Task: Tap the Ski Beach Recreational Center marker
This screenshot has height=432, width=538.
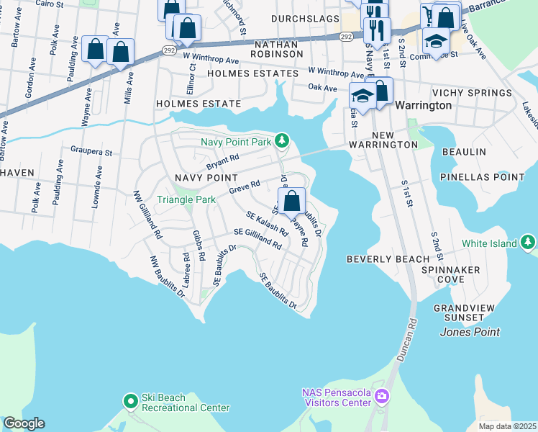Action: point(130,400)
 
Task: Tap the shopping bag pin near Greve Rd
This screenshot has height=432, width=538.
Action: point(291,202)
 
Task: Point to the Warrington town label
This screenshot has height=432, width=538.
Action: point(424,105)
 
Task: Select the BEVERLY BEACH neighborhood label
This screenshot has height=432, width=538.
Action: point(388,258)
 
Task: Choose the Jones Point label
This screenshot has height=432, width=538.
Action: point(470,332)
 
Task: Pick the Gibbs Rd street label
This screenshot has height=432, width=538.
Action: point(199,246)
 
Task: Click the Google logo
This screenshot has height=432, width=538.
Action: point(24,423)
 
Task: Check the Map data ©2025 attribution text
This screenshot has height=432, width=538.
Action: point(507,426)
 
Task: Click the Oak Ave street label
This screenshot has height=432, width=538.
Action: point(322,88)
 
